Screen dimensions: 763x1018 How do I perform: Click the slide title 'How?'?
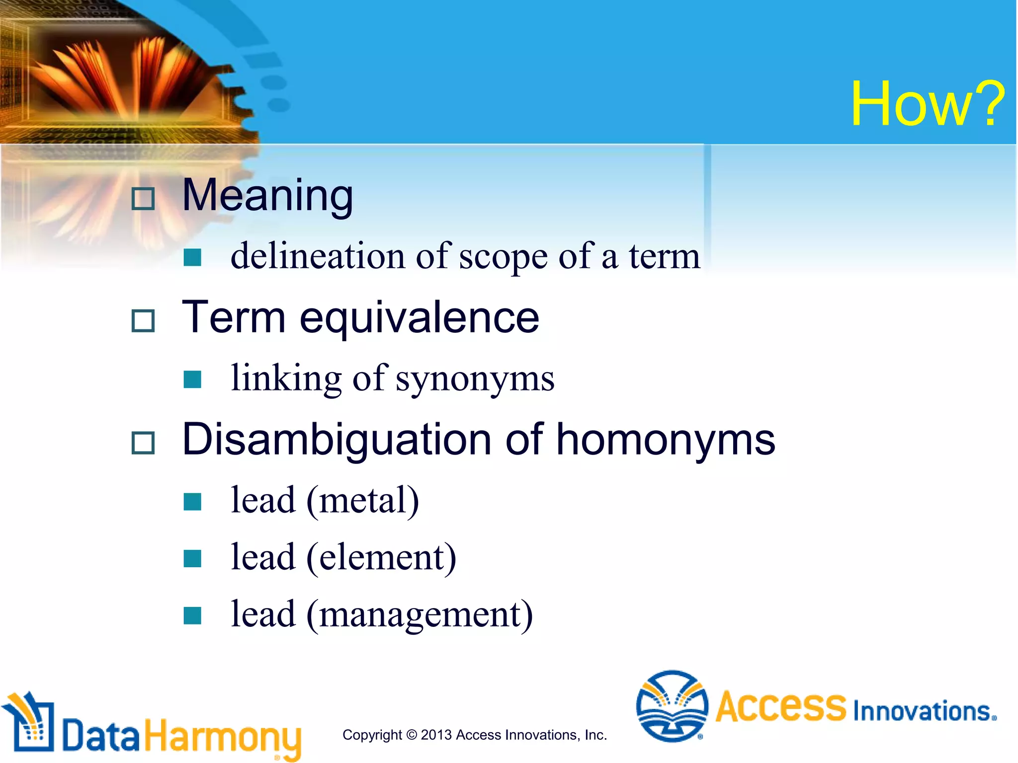[x=928, y=105]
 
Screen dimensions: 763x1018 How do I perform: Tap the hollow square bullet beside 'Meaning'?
[x=143, y=199]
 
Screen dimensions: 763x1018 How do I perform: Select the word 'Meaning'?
[x=267, y=196]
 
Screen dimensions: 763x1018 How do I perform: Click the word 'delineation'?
[x=318, y=256]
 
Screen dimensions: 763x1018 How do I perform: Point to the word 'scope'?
[x=503, y=257]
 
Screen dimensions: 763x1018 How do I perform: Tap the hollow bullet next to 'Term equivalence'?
[x=143, y=320]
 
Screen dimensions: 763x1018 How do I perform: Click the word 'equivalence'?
[x=419, y=318]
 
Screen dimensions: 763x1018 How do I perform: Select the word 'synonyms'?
[x=475, y=379]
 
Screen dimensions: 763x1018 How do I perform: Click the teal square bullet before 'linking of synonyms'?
[x=192, y=380]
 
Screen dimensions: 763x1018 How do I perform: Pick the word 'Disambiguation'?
[x=337, y=440]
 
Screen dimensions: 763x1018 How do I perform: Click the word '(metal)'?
[x=362, y=501]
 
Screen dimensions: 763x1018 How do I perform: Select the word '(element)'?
[x=381, y=558]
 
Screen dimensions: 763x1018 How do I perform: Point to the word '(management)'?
[x=420, y=615]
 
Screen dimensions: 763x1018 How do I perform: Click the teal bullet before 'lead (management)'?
[x=192, y=615]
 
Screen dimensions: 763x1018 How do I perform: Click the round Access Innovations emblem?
[x=672, y=706]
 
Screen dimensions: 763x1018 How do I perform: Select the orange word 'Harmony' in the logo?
[x=223, y=736]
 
